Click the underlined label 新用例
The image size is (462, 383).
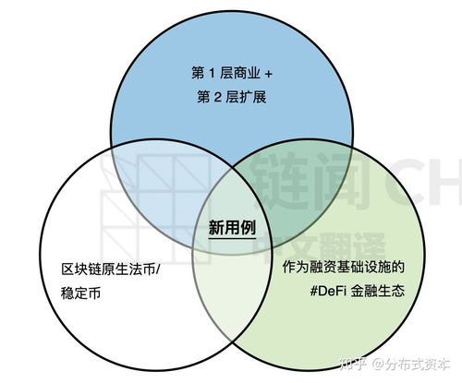click(x=232, y=228)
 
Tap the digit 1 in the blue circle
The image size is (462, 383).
click(x=212, y=74)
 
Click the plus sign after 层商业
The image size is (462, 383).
click(x=269, y=74)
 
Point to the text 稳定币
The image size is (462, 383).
click(x=80, y=293)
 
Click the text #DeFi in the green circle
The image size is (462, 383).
click(x=327, y=291)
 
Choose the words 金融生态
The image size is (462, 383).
click(x=377, y=291)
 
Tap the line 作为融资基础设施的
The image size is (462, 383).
click(x=344, y=267)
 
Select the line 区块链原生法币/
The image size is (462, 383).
click(x=111, y=269)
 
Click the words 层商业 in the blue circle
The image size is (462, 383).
click(x=240, y=74)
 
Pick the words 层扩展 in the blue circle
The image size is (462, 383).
click(x=246, y=97)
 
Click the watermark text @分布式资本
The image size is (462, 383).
click(x=411, y=364)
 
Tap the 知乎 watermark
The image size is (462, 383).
click(x=353, y=364)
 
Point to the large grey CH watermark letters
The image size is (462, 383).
click(x=427, y=182)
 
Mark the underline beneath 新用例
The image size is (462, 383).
click(x=232, y=238)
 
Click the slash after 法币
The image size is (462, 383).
click(x=158, y=269)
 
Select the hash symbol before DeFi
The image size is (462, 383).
click(x=313, y=291)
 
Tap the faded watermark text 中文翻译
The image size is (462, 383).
click(x=321, y=247)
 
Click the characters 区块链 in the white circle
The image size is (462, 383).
click(x=80, y=269)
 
